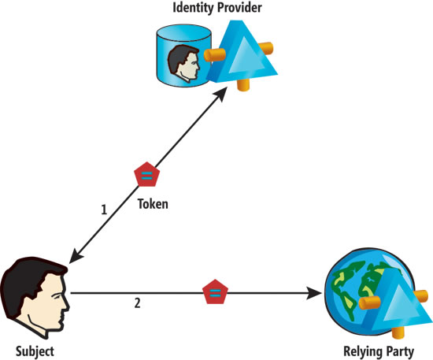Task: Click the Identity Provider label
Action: tap(217, 7)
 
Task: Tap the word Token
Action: tap(153, 204)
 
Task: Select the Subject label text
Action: tap(35, 351)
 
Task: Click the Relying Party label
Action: tap(379, 351)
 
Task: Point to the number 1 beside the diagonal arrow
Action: tap(104, 210)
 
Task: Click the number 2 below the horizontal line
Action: tap(137, 303)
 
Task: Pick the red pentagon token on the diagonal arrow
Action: tap(146, 175)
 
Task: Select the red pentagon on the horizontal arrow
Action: tap(215, 291)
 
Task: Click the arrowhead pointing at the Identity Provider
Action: tap(220, 95)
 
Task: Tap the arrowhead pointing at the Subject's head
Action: tap(76, 256)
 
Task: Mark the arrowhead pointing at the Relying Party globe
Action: tap(315, 293)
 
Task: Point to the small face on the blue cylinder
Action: tap(183, 63)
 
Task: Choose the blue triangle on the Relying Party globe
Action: tap(398, 301)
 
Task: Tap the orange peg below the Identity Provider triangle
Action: tap(243, 84)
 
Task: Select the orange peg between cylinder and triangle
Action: tap(215, 54)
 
